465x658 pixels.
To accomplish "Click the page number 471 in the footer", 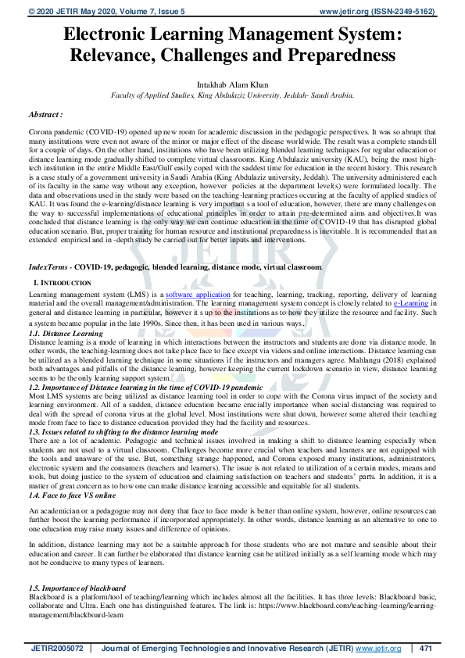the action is tap(426, 649).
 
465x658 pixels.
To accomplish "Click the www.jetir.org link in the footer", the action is tap(378, 649).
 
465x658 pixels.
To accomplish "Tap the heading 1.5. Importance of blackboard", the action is tap(77, 588).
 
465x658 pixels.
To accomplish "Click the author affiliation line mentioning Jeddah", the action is tap(232, 94).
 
